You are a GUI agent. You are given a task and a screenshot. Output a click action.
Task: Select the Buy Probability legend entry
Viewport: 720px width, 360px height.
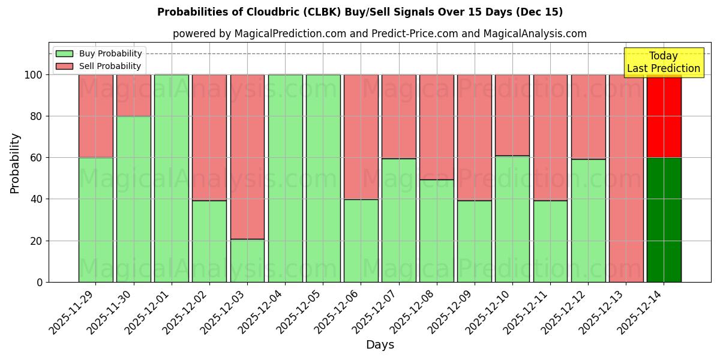[x=98, y=53]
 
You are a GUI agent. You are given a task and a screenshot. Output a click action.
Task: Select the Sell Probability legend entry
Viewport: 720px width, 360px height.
[x=98, y=66]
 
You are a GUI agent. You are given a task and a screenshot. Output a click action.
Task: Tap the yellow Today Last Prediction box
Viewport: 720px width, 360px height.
[x=663, y=62]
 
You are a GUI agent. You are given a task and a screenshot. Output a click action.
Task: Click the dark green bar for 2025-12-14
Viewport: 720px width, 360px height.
[x=664, y=220]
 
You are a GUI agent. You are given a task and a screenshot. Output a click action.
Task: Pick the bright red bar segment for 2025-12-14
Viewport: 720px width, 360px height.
[x=664, y=116]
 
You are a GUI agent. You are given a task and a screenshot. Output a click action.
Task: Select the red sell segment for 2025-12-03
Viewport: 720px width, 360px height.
[x=247, y=157]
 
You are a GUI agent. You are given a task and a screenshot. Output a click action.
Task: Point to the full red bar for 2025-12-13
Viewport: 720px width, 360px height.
[x=626, y=178]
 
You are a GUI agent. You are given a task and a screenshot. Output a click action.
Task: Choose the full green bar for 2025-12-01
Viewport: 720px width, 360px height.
[x=172, y=178]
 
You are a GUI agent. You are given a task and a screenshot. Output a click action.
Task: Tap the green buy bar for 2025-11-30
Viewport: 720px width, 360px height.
[x=134, y=199]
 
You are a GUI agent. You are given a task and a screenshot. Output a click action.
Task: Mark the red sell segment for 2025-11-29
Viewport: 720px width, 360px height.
[x=96, y=116]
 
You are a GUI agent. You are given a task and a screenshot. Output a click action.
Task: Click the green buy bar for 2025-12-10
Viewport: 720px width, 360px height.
[x=512, y=218]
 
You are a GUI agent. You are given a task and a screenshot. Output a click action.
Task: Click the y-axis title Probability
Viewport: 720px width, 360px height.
[x=15, y=163]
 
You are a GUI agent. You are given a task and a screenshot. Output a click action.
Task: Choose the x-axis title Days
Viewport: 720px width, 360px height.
[x=380, y=345]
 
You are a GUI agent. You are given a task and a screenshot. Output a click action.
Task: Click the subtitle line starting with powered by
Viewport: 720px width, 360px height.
[x=380, y=34]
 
